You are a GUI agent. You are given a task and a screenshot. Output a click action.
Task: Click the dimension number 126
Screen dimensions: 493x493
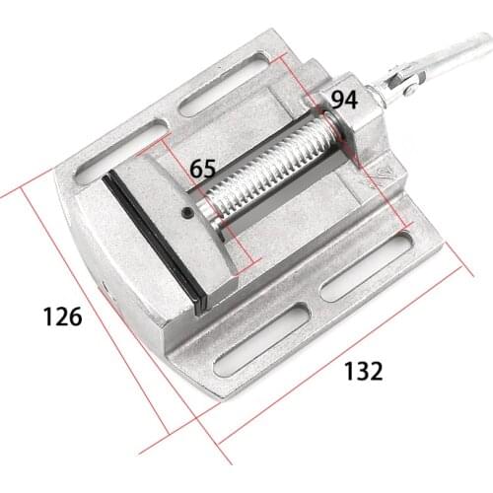point(62,317)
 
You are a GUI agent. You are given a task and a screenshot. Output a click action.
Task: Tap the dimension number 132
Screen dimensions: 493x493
point(363,371)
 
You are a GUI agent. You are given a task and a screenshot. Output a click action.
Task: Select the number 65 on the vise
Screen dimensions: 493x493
point(203,168)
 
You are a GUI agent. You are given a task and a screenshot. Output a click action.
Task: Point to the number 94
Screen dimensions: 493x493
point(343,99)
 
